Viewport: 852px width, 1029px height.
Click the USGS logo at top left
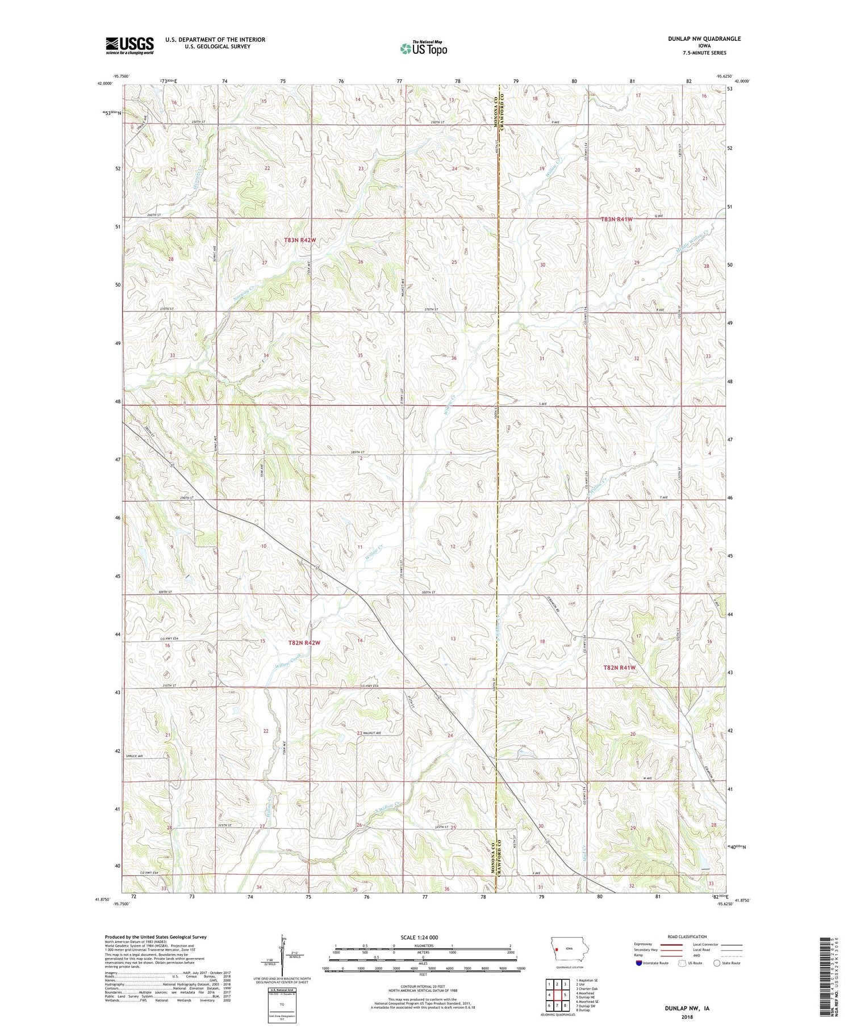pyautogui.click(x=130, y=45)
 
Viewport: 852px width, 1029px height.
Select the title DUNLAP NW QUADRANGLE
pyautogui.click(x=704, y=39)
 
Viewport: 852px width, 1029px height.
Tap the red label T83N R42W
pyautogui.click(x=299, y=240)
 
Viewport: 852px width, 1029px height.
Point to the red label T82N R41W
pyautogui.click(x=619, y=668)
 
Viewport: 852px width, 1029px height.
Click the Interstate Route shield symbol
pyautogui.click(x=638, y=963)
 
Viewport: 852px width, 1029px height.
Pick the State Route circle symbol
pyautogui.click(x=717, y=963)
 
